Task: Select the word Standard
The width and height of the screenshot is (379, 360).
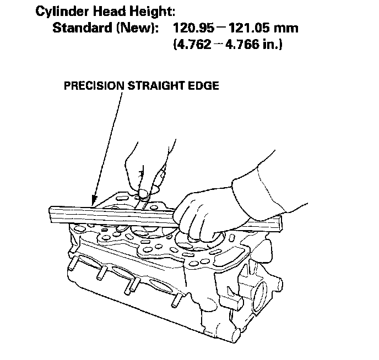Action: pos(82,28)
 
